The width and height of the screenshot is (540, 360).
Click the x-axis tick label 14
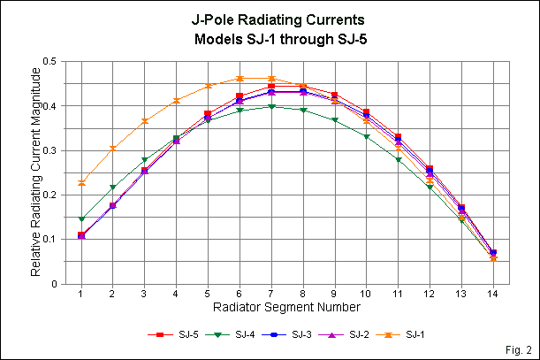493,294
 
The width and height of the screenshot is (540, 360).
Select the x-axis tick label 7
271,294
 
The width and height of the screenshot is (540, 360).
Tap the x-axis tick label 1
81,294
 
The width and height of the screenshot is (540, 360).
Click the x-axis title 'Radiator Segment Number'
285,308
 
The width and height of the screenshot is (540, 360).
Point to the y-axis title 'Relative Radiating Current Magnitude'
35,172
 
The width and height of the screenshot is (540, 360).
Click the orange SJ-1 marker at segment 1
81,182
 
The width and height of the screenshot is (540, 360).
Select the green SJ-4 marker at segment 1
81,218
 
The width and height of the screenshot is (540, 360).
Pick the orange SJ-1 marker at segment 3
145,120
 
